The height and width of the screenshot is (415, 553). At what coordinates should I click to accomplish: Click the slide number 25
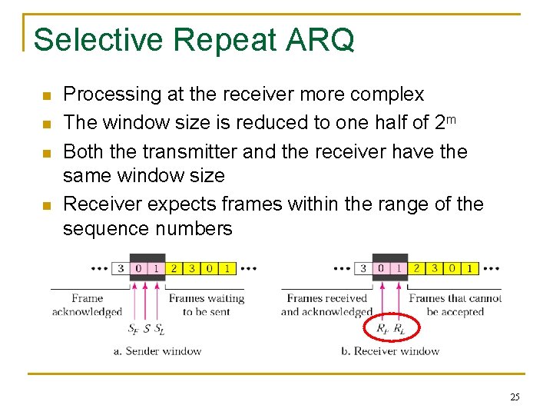click(515, 397)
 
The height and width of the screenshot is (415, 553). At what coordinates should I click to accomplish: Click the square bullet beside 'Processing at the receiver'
click(45, 96)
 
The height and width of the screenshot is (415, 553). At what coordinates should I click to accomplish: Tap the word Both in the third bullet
click(83, 151)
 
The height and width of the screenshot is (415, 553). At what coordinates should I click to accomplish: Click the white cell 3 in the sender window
click(121, 268)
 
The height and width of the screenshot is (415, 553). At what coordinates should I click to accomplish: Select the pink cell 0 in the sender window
click(138, 268)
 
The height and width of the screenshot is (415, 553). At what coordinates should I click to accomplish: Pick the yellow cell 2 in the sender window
click(174, 268)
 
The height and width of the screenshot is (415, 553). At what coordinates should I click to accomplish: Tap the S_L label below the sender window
click(159, 330)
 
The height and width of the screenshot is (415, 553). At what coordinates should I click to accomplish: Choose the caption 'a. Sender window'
click(157, 351)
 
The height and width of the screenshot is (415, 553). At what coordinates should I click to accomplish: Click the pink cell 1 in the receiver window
click(399, 268)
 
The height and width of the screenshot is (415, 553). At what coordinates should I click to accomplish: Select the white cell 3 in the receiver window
click(363, 268)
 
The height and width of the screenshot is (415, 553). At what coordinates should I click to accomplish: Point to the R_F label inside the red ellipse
click(382, 329)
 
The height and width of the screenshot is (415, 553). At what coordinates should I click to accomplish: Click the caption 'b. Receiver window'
click(390, 351)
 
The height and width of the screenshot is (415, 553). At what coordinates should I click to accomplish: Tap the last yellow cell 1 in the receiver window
click(469, 268)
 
